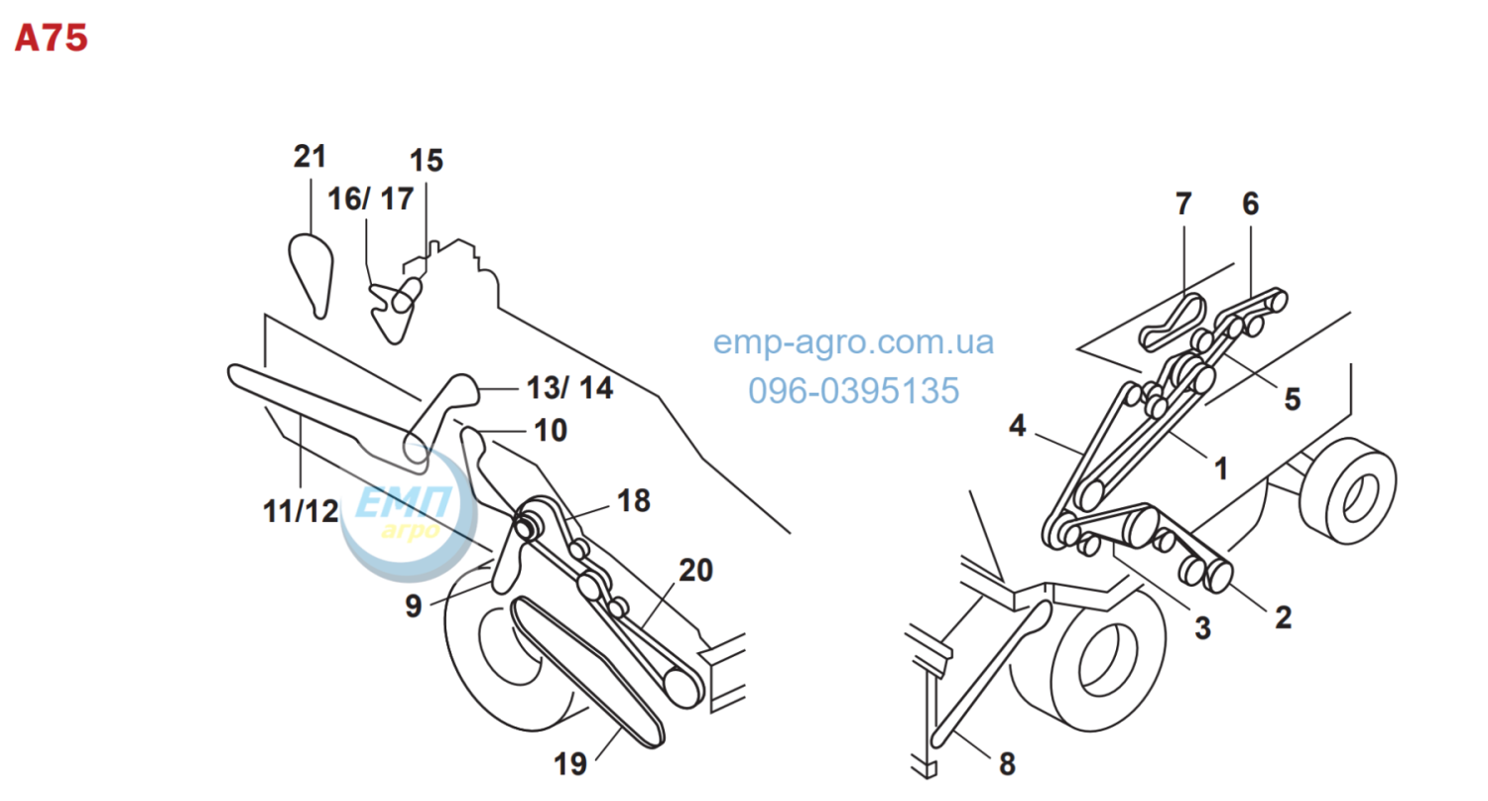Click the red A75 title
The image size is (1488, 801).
tap(52, 38)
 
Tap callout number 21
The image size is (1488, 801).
tap(310, 157)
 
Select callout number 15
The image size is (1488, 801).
tap(426, 160)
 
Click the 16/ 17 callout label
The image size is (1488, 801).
tap(371, 199)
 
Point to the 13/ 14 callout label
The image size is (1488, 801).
tap(569, 388)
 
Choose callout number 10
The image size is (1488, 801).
tap(551, 430)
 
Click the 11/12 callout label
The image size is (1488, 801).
tap(301, 511)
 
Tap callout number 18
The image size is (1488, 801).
tap(634, 500)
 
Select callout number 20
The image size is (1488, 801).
tap(695, 570)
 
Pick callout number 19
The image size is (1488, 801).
tap(570, 763)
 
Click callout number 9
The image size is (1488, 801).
tap(414, 606)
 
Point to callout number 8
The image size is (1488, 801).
tap(1007, 763)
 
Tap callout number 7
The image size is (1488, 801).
tap(1183, 203)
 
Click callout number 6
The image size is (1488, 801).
tap(1250, 203)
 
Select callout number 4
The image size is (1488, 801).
tap(1017, 426)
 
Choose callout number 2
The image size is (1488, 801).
tap(1284, 617)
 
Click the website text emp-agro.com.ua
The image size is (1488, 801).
tap(853, 342)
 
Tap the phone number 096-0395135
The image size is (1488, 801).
tap(853, 390)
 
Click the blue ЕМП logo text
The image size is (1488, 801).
tap(404, 502)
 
